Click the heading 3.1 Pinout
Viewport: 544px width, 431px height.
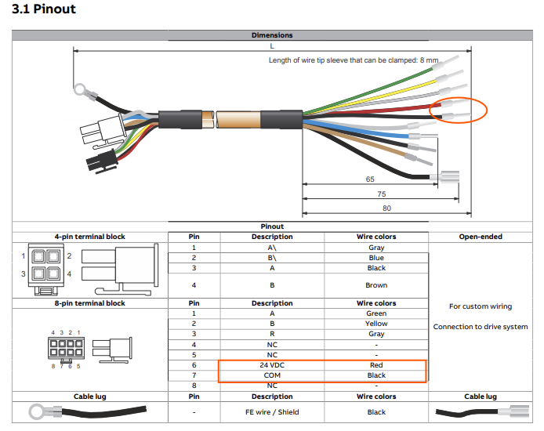(x=44, y=9)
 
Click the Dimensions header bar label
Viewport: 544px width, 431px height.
(x=272, y=35)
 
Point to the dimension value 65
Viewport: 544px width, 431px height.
(x=370, y=179)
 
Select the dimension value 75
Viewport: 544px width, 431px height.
(x=381, y=194)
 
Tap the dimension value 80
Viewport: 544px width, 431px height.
(x=386, y=208)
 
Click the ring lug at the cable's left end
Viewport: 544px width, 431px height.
(x=81, y=89)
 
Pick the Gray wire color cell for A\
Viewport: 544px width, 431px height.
(x=376, y=248)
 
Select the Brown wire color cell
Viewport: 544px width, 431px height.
(x=376, y=285)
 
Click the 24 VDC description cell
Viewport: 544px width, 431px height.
(x=272, y=365)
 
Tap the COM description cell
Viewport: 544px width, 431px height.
(x=272, y=375)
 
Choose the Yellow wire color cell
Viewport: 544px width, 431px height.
(x=376, y=324)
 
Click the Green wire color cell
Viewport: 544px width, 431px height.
(x=376, y=313)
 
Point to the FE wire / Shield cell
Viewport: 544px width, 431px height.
(x=272, y=412)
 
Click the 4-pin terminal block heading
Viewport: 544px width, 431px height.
(x=89, y=237)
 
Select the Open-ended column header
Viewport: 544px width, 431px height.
(x=481, y=237)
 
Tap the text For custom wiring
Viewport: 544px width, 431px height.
(x=481, y=306)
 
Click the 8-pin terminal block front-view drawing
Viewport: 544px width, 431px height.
(x=66, y=348)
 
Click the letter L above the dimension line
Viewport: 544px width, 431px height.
(x=272, y=45)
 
